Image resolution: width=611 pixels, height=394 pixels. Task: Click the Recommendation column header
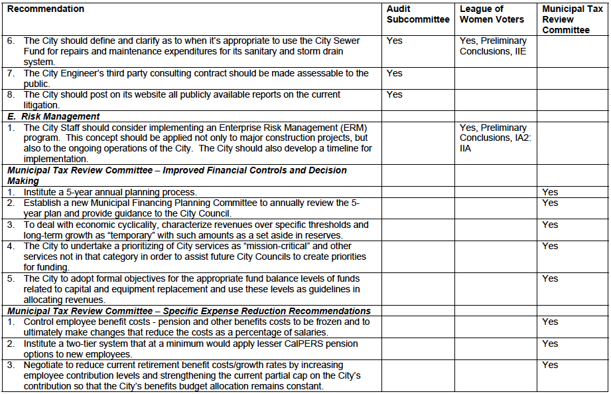[x=46, y=9]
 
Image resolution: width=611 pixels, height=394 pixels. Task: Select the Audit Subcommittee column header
[x=418, y=15]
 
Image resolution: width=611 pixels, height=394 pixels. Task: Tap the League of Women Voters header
[x=492, y=15]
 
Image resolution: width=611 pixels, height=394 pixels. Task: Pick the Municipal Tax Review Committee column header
[x=572, y=19]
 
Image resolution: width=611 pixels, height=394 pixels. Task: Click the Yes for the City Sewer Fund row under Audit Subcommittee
[x=395, y=41]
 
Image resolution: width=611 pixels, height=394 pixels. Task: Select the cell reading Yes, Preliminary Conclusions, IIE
[x=493, y=47]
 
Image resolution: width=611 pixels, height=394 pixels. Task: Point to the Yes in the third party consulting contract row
[x=395, y=74]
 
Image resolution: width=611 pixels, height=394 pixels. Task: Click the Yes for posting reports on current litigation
[x=395, y=95]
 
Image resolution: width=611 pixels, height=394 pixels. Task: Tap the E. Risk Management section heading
[x=54, y=116]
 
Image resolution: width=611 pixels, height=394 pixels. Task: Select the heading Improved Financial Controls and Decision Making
[x=177, y=175]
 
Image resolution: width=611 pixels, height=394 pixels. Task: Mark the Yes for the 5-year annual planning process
[x=550, y=192]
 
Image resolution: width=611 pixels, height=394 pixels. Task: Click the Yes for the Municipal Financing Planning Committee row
[x=550, y=203]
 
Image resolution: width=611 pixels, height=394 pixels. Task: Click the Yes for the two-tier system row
[x=550, y=344]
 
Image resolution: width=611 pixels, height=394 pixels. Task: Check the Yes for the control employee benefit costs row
[x=550, y=322]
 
